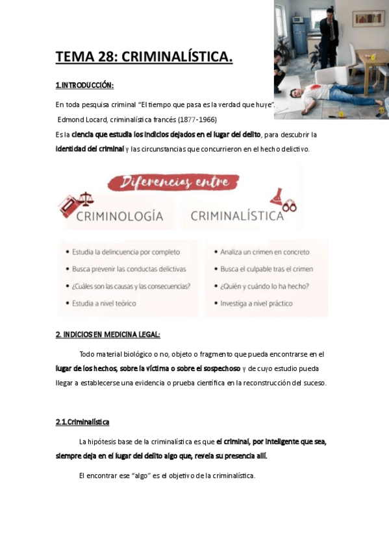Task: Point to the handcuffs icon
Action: (x=289, y=208)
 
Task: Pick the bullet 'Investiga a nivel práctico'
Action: (x=256, y=303)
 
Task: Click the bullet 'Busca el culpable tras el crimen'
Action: (x=266, y=269)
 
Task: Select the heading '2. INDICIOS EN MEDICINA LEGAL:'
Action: (x=107, y=334)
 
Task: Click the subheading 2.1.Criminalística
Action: (x=82, y=422)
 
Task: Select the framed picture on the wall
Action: (x=368, y=18)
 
